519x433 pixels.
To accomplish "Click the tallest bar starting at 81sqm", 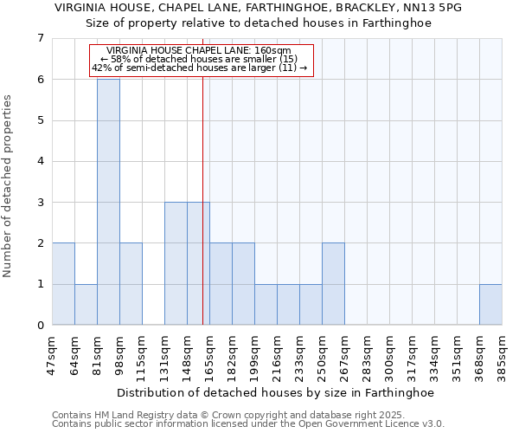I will [x=108, y=202].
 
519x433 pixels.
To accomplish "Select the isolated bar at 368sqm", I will [x=490, y=305].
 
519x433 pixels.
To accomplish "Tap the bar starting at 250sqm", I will [x=333, y=284].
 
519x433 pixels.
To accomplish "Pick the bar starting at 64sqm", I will [x=86, y=305].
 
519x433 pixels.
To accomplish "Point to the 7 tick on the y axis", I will [x=40, y=38].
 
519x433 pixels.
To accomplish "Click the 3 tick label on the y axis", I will [x=40, y=203].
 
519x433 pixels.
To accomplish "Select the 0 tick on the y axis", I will [x=40, y=326].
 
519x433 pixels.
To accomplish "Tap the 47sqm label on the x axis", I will [x=53, y=353].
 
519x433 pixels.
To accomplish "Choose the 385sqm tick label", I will [x=503, y=353].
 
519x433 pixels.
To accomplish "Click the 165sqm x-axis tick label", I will [x=210, y=353].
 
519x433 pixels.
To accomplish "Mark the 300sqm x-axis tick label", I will [x=390, y=353].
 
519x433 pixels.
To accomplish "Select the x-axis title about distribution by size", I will [x=277, y=392].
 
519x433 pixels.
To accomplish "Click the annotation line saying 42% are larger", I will [x=200, y=68].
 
